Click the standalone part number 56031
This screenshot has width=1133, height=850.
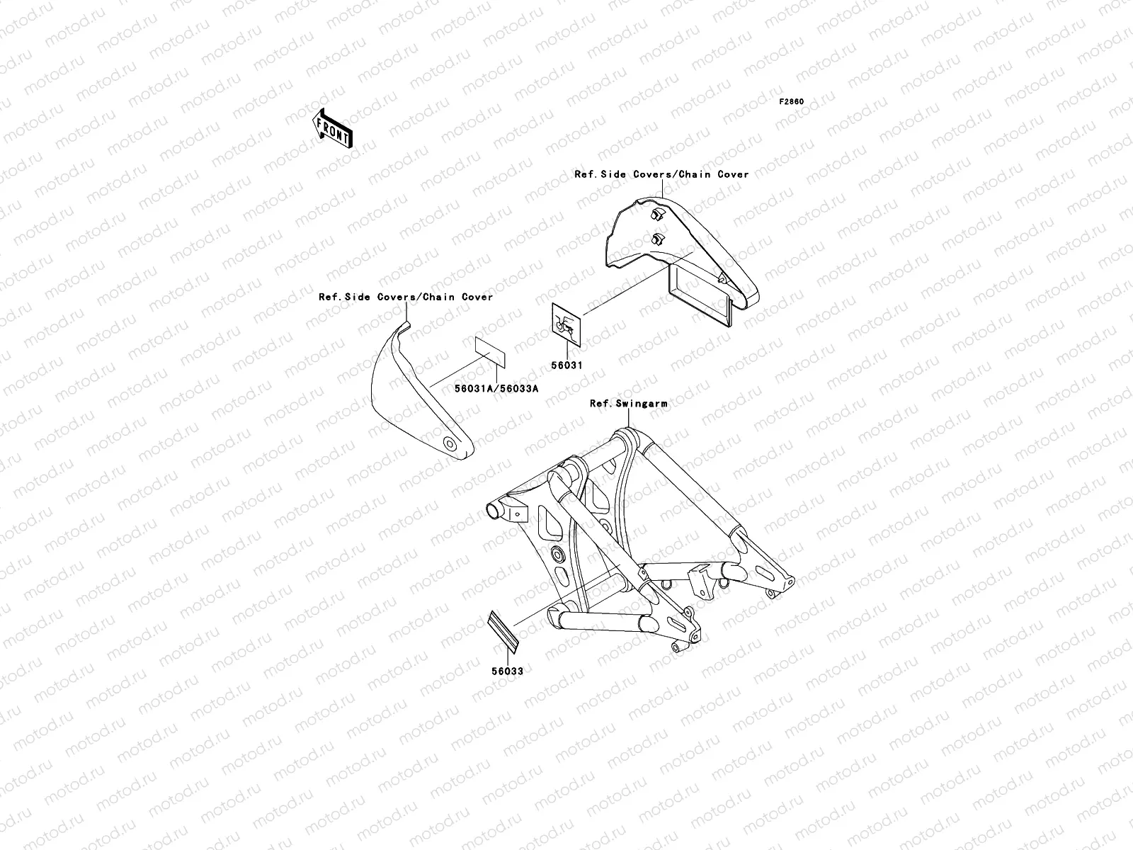click(567, 365)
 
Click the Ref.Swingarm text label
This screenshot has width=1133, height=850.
click(628, 403)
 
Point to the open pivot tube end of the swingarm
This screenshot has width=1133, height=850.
click(494, 510)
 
